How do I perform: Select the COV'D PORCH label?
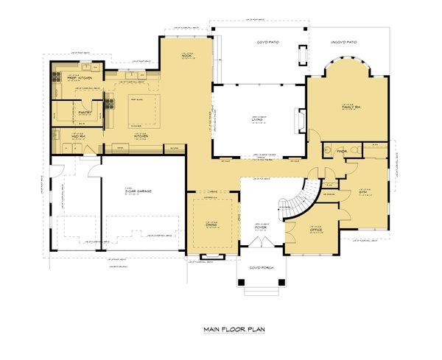(x=261, y=267)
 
